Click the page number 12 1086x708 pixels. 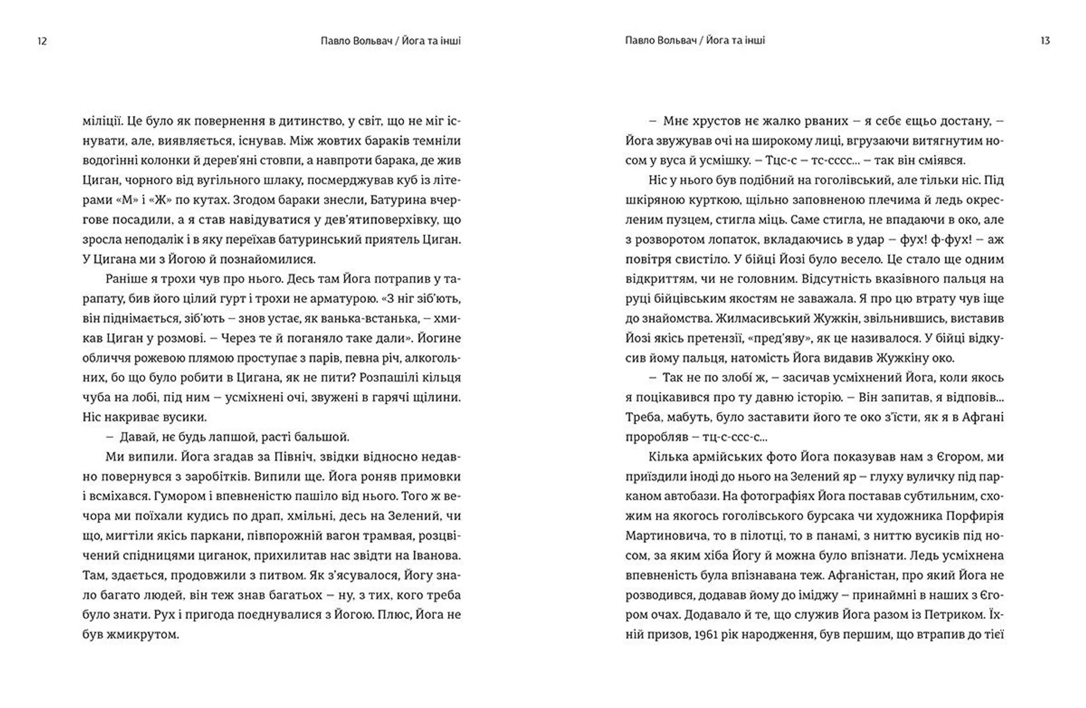pyautogui.click(x=42, y=41)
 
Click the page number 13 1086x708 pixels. pyautogui.click(x=1045, y=41)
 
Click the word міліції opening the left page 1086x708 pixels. pyautogui.click(x=102, y=121)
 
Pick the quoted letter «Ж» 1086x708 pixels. pyautogui.click(x=163, y=200)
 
